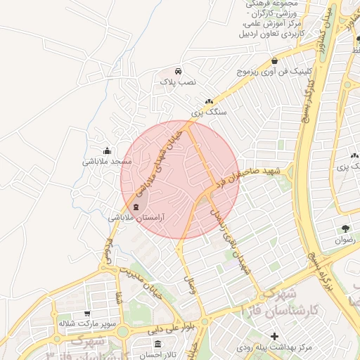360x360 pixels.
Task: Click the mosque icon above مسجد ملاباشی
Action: point(106,150)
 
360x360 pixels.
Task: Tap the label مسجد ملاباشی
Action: point(103,162)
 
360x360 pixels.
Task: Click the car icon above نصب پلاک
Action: point(179,71)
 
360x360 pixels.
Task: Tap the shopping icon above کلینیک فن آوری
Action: point(274,61)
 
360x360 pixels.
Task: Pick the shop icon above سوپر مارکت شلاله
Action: point(86,314)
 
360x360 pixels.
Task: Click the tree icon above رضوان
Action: point(345,229)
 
